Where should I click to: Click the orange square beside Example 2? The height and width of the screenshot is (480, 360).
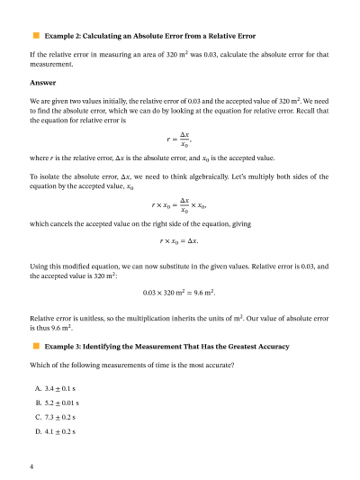pos(36,35)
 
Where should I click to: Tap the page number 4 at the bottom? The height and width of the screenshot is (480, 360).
pos(31,466)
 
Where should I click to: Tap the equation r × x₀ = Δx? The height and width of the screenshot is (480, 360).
pos(180,241)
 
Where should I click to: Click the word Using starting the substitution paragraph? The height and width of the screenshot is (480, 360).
pos(40,267)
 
